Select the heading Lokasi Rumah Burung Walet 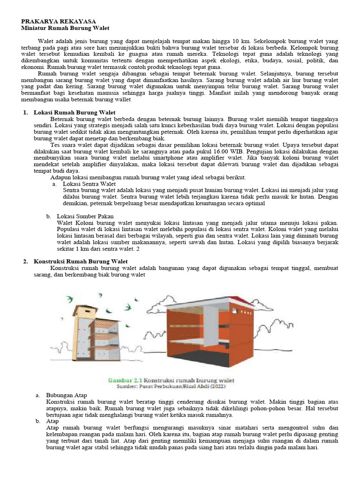75,113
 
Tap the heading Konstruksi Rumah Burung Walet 81,261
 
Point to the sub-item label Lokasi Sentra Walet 89,184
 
